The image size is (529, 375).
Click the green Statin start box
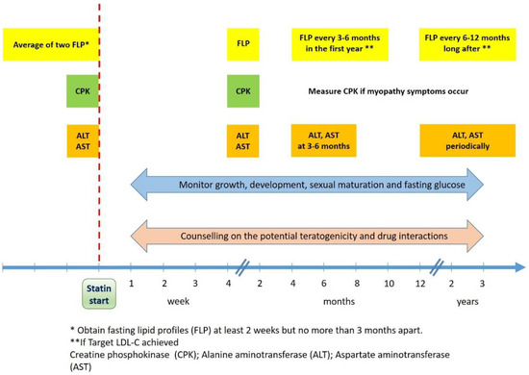(100, 291)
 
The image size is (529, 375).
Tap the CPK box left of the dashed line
(82, 92)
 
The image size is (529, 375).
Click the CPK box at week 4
(242, 92)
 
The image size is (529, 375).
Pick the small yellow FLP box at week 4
(242, 44)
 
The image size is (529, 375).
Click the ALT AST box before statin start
(82, 140)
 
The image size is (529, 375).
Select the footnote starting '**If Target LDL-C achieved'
(149, 342)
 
